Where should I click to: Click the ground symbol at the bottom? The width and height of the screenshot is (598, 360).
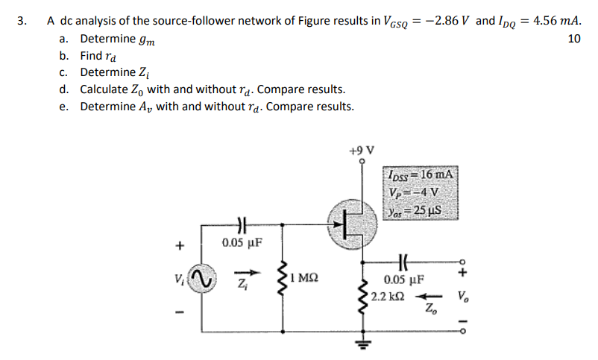[365, 344]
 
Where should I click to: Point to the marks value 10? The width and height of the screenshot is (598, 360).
[573, 39]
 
